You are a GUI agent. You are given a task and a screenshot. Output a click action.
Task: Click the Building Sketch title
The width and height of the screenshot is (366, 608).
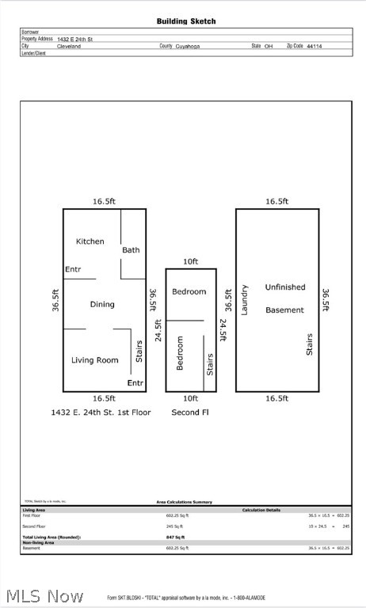(x=185, y=21)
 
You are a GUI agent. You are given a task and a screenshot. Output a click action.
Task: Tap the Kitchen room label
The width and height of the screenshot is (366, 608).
(x=90, y=241)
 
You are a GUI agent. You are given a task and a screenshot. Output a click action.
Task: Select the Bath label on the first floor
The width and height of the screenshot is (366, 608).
(x=131, y=250)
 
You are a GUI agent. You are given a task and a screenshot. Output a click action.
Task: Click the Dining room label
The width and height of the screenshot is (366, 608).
(x=101, y=304)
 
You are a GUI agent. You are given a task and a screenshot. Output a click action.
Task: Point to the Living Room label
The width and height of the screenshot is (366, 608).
(x=94, y=360)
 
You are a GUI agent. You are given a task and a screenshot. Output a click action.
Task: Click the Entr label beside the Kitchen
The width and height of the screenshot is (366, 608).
(x=73, y=269)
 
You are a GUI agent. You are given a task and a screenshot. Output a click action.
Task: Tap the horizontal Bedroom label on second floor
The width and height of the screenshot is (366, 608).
(x=189, y=291)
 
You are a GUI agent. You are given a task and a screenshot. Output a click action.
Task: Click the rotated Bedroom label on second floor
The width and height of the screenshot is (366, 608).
(x=180, y=353)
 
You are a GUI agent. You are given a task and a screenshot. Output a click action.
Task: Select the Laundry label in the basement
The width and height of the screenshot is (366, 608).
(x=245, y=299)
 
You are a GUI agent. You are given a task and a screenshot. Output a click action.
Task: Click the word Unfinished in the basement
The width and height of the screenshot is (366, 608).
(x=284, y=287)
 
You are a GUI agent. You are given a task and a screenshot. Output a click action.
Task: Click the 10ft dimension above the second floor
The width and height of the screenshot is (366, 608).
(x=190, y=262)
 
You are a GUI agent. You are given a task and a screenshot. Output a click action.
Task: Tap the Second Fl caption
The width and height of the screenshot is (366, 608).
(x=190, y=412)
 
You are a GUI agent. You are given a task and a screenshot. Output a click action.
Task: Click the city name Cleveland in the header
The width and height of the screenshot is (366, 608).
(x=68, y=46)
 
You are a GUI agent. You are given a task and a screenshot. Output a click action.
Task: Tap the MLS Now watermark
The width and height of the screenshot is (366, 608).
(x=44, y=595)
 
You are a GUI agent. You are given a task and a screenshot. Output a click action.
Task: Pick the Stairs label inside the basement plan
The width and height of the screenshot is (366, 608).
(x=309, y=344)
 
